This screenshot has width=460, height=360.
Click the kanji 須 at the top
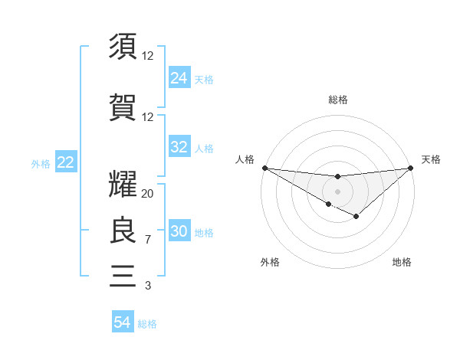click(123, 46)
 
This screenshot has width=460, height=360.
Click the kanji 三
click(123, 275)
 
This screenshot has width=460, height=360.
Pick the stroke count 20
click(148, 194)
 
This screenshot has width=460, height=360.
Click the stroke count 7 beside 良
click(147, 240)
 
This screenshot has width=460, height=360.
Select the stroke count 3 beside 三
click(147, 286)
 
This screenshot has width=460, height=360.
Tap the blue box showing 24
click(179, 78)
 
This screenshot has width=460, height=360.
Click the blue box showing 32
click(179, 147)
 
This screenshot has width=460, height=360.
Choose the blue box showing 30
click(179, 232)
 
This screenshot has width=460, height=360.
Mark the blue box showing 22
click(66, 162)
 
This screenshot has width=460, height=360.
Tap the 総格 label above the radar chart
click(337, 100)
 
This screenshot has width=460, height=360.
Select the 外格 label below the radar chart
click(270, 262)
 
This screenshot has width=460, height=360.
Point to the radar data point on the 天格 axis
click(411, 167)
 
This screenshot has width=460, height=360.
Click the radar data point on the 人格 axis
click(264, 167)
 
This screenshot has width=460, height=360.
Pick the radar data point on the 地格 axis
click(356, 217)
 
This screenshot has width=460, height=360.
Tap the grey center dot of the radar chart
click(337, 191)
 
